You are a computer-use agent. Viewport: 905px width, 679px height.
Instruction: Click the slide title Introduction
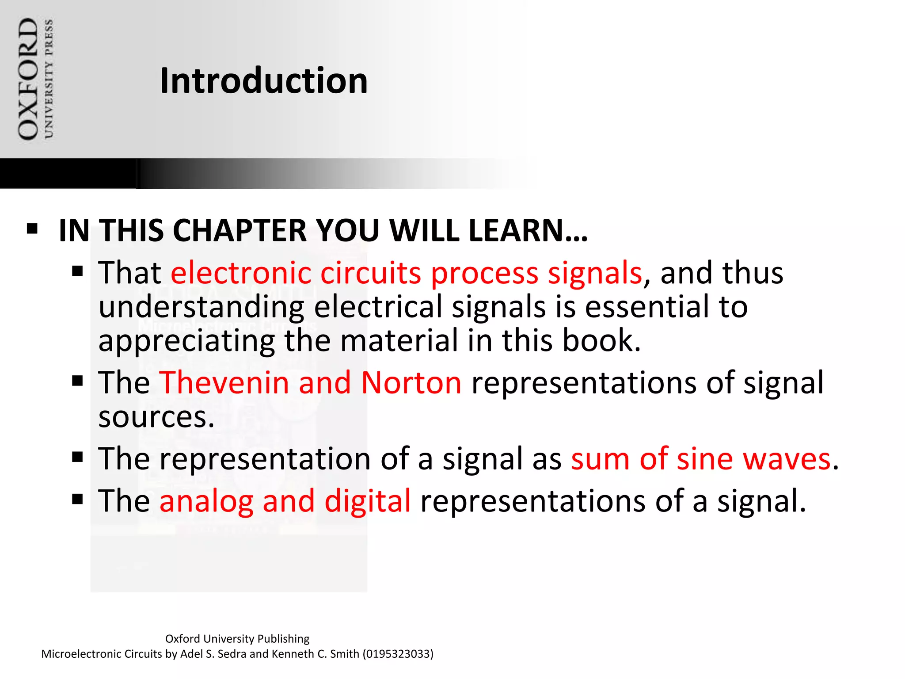[x=263, y=81]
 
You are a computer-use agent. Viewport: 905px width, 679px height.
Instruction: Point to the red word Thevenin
[x=224, y=382]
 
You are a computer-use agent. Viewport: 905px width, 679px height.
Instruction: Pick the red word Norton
[x=411, y=382]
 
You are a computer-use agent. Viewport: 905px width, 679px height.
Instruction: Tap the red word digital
[x=368, y=501]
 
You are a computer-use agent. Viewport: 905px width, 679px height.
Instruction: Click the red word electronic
[x=241, y=273]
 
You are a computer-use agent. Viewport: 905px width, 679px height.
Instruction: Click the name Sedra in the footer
[x=232, y=654]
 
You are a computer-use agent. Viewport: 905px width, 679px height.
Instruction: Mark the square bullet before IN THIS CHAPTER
[x=32, y=229]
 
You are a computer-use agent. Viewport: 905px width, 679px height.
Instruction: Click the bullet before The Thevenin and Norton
[x=78, y=381]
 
